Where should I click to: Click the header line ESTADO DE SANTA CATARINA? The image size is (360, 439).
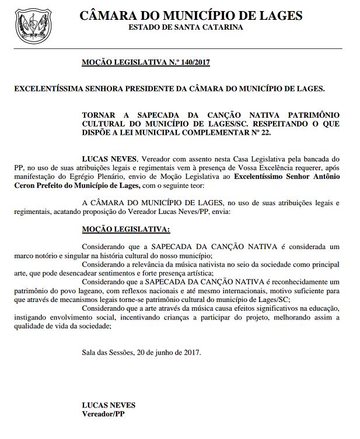point(186,27)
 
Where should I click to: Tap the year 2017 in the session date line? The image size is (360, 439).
point(191,352)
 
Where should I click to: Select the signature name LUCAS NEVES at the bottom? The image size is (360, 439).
point(109,405)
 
